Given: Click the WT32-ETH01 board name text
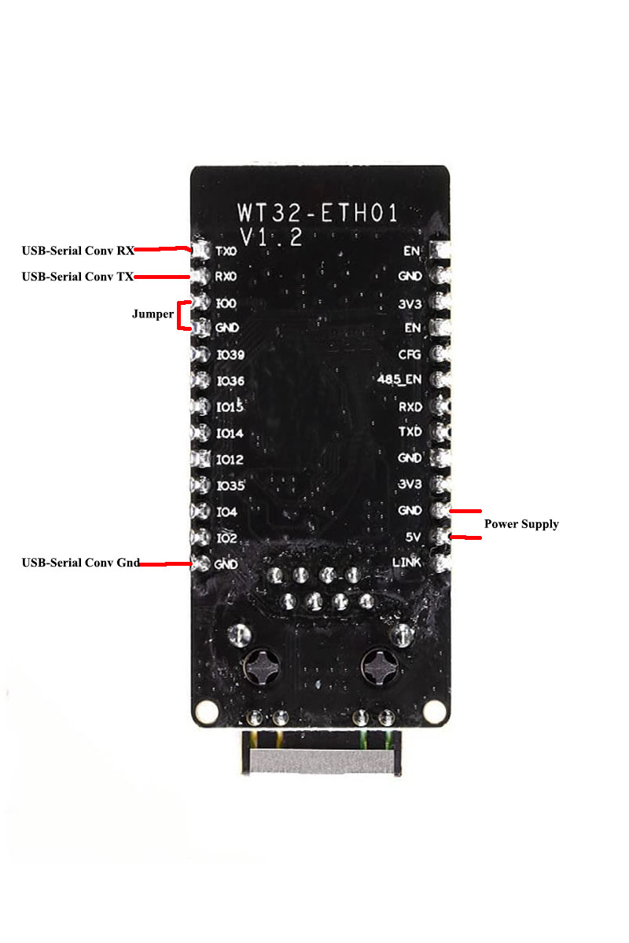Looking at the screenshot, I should click(x=318, y=212).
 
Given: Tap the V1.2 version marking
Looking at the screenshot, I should click(x=271, y=238).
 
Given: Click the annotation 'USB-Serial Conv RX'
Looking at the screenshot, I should click(x=78, y=251).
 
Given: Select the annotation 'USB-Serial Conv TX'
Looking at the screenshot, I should click(x=78, y=277).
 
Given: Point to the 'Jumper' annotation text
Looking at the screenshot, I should click(x=153, y=314).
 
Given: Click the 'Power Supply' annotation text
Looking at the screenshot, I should click(x=521, y=524).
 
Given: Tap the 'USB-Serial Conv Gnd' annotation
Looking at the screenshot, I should click(x=81, y=563).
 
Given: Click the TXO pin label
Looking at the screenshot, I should click(x=226, y=251).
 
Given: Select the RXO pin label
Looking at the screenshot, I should click(x=226, y=277).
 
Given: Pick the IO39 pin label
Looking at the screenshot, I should click(x=230, y=355).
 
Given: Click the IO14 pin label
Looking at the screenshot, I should click(x=230, y=433).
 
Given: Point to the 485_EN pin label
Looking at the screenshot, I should click(x=399, y=380).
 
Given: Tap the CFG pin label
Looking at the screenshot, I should click(x=410, y=354).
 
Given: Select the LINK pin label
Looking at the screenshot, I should click(x=407, y=563).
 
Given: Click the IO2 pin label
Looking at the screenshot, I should click(x=226, y=538).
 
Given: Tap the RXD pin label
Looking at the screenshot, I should click(x=410, y=407).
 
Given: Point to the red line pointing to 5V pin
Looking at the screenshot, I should click(x=469, y=538).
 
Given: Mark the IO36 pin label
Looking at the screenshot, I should click(x=230, y=381).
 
